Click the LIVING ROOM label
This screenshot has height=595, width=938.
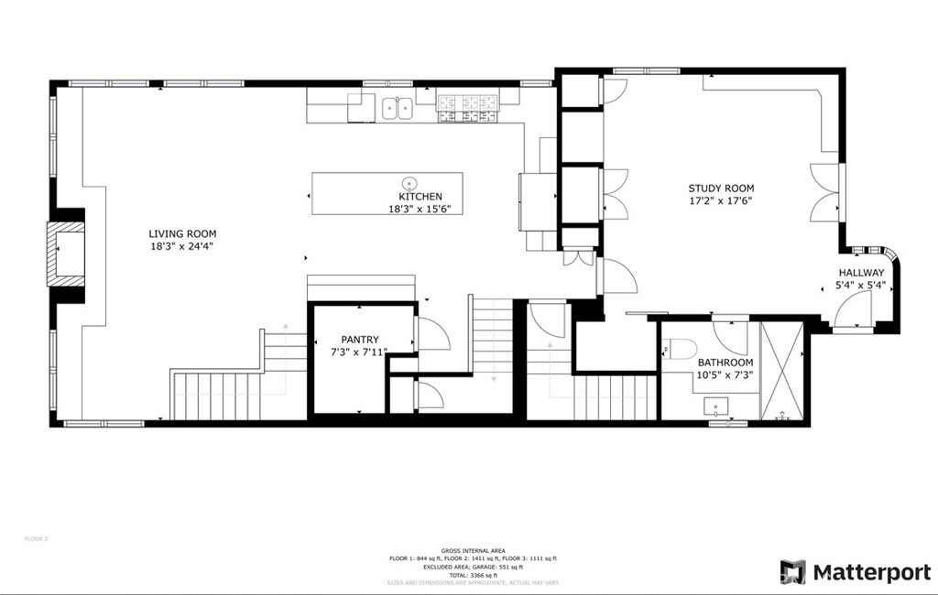click(183, 233)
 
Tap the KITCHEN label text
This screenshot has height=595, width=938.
click(420, 197)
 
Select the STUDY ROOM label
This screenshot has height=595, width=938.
click(722, 189)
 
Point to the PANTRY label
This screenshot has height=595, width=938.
click(360, 340)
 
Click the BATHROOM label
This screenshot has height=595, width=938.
click(724, 362)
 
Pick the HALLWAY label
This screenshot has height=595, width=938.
click(861, 273)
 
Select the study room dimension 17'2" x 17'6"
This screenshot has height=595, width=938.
click(722, 200)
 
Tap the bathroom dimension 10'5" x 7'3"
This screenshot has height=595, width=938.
click(724, 374)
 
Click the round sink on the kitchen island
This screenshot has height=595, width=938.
click(409, 181)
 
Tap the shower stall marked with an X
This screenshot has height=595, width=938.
click(781, 371)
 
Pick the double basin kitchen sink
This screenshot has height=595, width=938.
click(397, 108)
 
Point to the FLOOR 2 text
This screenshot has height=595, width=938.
click(36, 538)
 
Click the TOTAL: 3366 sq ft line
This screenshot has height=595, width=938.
click(472, 574)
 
